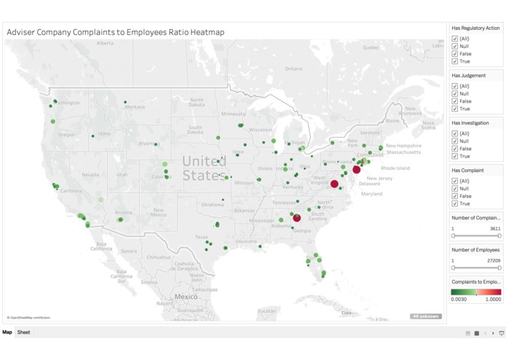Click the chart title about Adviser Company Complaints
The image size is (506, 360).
click(115, 32)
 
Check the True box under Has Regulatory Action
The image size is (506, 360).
click(455, 61)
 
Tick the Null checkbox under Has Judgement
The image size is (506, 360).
click(455, 93)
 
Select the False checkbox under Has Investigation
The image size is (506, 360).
click(455, 149)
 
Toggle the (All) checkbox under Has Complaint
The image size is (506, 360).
click(455, 181)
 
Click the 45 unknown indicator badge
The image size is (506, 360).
click(425, 316)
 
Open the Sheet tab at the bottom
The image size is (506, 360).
click(24, 332)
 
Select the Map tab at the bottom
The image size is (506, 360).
click(7, 332)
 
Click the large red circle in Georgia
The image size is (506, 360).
click(296, 218)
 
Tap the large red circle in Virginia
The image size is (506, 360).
click(334, 184)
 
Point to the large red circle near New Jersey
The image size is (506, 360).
click(357, 169)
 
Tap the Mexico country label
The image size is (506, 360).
click(186, 297)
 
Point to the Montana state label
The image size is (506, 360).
click(135, 107)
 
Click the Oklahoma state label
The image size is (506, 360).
click(213, 205)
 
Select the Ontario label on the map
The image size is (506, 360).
click(293, 69)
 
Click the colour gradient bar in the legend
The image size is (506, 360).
click(476, 291)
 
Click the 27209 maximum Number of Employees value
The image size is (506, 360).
click(494, 260)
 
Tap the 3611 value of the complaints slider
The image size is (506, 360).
click(495, 228)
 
